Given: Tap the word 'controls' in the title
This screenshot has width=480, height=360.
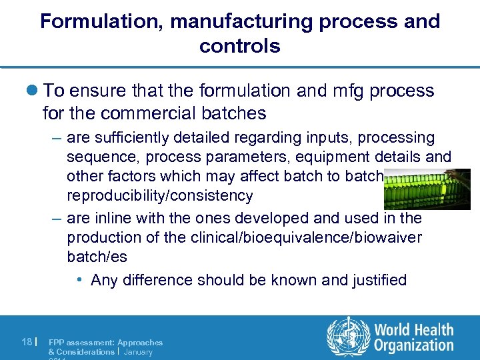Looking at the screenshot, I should (239, 46).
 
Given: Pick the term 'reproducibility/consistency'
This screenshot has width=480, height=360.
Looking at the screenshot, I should (160, 195).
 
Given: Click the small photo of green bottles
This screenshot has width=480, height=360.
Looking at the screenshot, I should (427, 189).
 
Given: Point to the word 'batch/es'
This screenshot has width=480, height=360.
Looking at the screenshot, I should (97, 257).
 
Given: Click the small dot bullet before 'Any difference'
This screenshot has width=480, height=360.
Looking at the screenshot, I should (79, 280).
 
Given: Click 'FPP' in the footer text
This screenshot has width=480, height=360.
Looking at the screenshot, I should (56, 343).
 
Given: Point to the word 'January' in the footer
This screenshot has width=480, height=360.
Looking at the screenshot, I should (138, 352).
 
